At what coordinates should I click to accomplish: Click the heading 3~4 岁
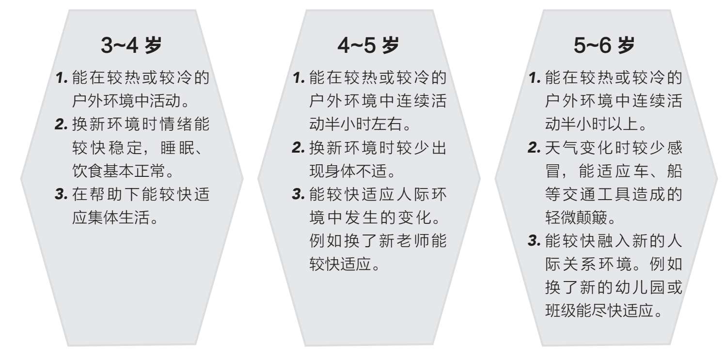[x=131, y=46]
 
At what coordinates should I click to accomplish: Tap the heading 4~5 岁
[x=368, y=46]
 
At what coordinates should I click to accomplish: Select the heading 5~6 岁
[x=604, y=46]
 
